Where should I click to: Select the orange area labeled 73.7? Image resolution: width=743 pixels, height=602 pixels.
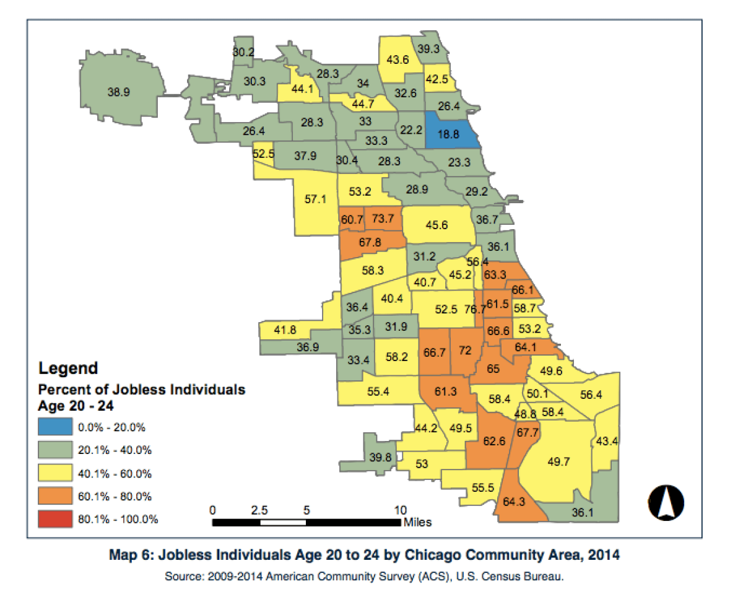click(382, 218)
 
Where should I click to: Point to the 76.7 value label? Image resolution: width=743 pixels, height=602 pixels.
click(475, 309)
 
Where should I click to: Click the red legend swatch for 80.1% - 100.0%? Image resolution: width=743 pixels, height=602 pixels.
click(54, 519)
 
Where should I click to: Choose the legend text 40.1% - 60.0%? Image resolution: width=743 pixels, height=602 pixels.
click(115, 473)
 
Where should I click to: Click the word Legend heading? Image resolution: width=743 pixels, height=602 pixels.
click(68, 369)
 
